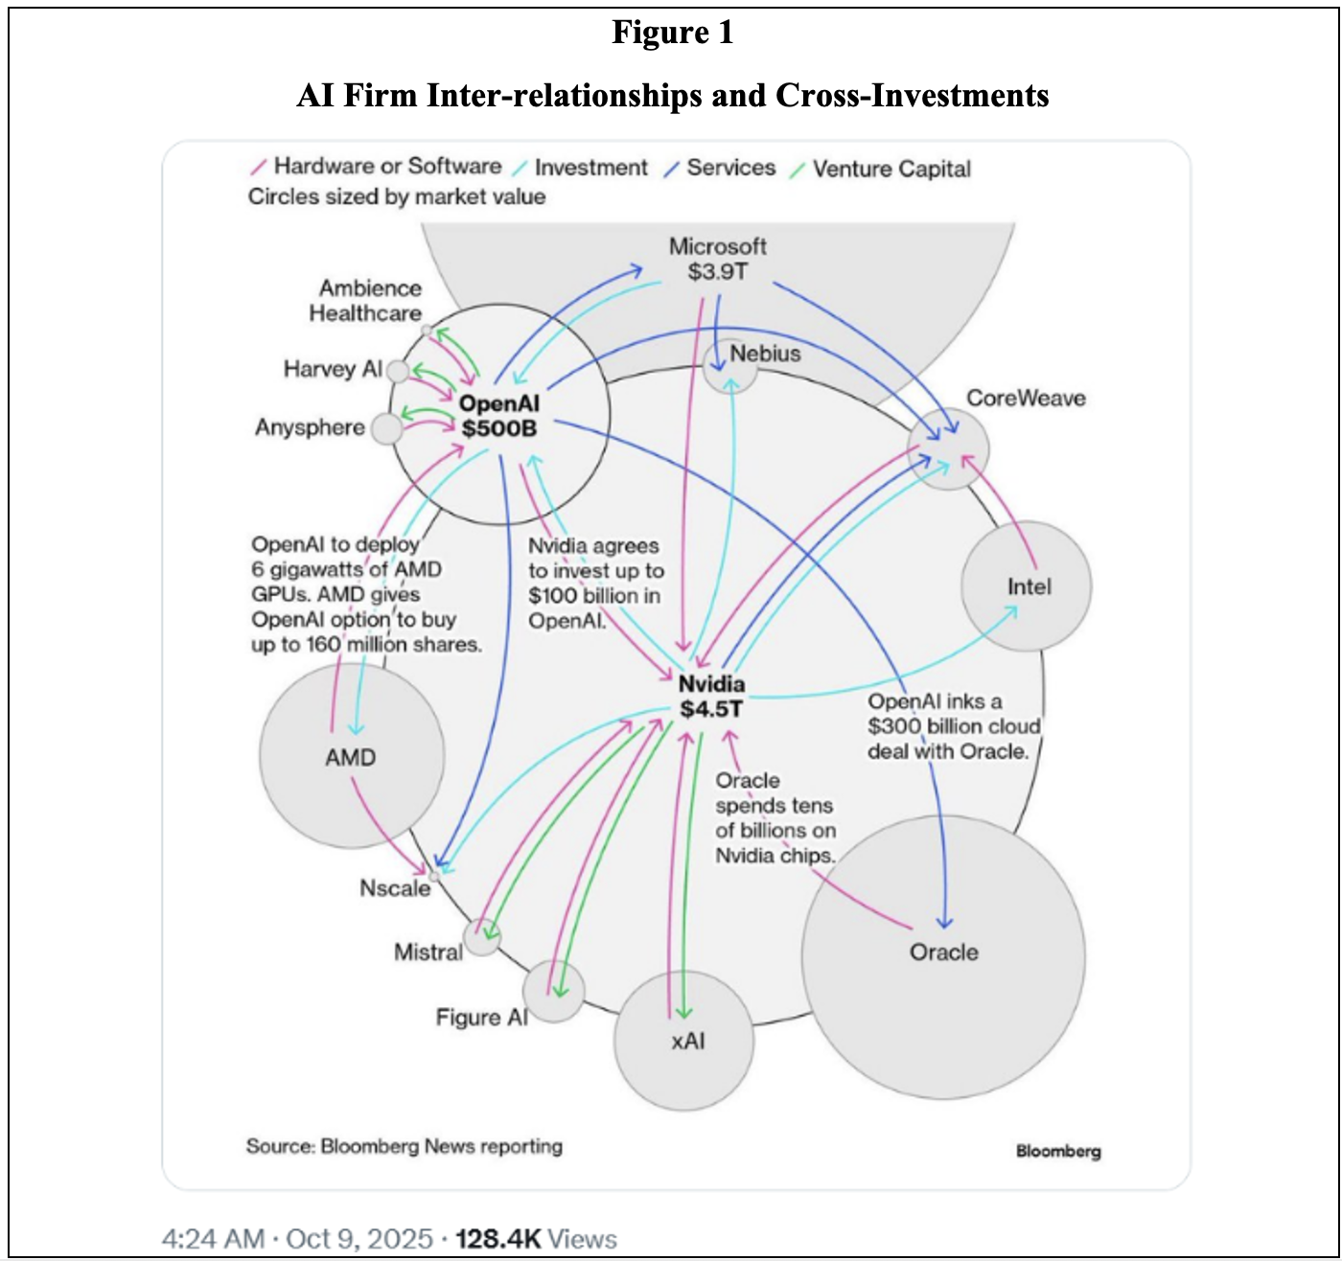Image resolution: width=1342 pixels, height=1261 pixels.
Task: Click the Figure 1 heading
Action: pos(673,33)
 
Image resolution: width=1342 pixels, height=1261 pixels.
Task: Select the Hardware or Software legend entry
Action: pos(386,167)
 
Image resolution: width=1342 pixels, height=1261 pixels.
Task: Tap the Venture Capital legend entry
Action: pos(891,170)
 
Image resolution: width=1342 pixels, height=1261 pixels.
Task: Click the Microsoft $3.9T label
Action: pos(717,259)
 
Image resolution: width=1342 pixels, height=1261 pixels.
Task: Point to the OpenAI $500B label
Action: pos(498,416)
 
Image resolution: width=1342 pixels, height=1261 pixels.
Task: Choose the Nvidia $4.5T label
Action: pos(711,696)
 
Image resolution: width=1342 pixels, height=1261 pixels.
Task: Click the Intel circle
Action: pos(1028,586)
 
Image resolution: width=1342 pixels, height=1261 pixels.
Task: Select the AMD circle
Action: pos(351,757)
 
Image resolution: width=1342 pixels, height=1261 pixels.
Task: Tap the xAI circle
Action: pos(684,1041)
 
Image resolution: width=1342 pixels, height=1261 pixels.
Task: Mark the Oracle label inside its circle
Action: pos(943,952)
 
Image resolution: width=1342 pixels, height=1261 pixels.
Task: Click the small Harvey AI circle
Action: pos(398,370)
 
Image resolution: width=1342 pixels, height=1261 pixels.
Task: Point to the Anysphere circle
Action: pos(386,428)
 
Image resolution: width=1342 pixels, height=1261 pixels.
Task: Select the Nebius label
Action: pos(765,354)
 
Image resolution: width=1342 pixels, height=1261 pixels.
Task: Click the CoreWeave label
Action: pos(1026,399)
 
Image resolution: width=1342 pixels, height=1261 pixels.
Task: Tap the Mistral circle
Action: pos(482,935)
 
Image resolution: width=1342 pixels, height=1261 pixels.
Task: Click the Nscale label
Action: pos(395,888)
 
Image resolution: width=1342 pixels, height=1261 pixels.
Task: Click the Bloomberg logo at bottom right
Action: pos(1058,1152)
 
